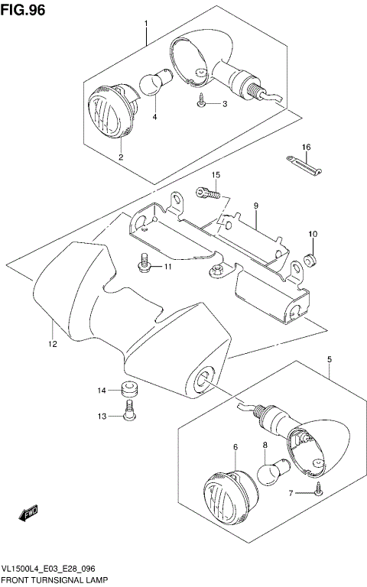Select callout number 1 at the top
pos(145,24)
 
